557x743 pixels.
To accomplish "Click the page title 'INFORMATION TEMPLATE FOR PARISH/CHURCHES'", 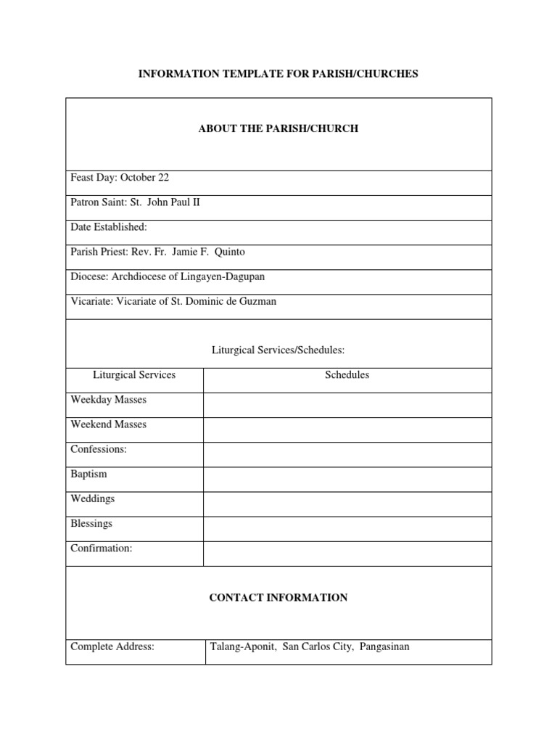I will click(x=278, y=74).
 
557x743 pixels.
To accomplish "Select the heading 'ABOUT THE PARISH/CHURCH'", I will click(x=278, y=128).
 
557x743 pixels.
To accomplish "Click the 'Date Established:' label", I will click(x=109, y=227).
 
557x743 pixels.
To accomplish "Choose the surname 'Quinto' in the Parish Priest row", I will click(x=231, y=252).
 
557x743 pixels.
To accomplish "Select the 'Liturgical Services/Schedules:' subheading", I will click(x=278, y=350).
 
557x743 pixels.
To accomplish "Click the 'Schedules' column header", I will click(x=347, y=375).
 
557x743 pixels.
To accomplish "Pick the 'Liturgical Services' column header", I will click(x=134, y=375).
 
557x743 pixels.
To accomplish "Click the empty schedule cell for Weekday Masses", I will click(x=347, y=405).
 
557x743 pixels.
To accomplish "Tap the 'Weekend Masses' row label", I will click(x=108, y=424).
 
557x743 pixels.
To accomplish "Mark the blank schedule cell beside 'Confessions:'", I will click(x=347, y=454).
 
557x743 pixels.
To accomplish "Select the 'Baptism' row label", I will click(x=88, y=474).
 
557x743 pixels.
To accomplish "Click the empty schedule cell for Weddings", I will click(x=347, y=504).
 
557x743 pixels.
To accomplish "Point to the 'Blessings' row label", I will click(x=91, y=523).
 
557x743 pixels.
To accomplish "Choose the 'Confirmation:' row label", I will click(x=102, y=548).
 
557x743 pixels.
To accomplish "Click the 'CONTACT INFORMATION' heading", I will click(x=278, y=598).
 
